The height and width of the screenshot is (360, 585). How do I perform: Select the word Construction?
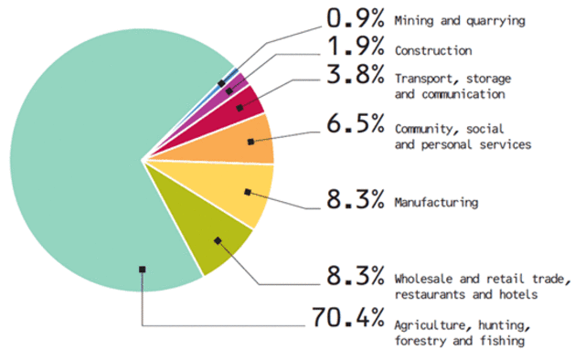432,51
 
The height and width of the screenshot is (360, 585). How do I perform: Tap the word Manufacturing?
436,203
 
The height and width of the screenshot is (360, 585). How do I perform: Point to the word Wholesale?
424,278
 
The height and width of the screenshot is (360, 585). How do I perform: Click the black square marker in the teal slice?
142,269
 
